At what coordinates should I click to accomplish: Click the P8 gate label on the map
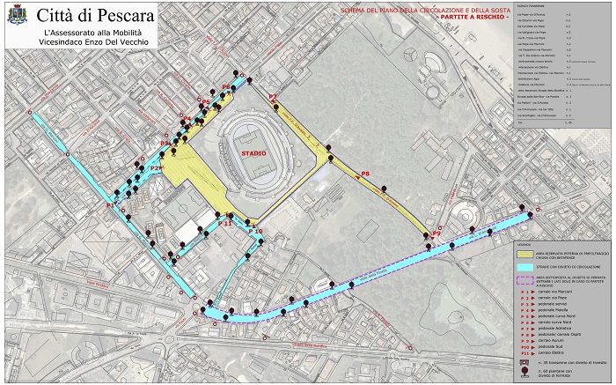[365, 174]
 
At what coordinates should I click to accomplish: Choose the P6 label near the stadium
[226, 86]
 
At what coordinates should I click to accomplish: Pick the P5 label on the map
[205, 103]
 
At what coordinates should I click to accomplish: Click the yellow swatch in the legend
[525, 253]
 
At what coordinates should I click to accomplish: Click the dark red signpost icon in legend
[525, 374]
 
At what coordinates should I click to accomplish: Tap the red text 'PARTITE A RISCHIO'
[475, 18]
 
